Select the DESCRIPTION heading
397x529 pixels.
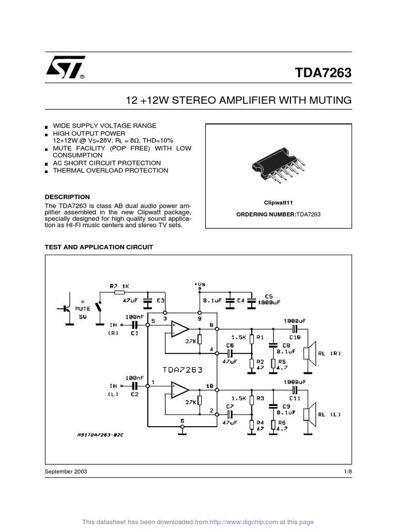pos(67,197)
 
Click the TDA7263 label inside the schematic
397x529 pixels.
pos(181,369)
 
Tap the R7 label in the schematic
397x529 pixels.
pos(115,285)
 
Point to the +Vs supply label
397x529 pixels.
pos(200,284)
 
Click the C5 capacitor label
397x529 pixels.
pos(269,297)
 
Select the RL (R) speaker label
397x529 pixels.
pos(329,353)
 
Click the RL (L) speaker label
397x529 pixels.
pos(329,414)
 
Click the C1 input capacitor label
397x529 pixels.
pos(134,334)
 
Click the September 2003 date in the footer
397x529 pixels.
pos(66,472)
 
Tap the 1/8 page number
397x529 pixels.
pos(347,472)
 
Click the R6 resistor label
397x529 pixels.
pos(282,422)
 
